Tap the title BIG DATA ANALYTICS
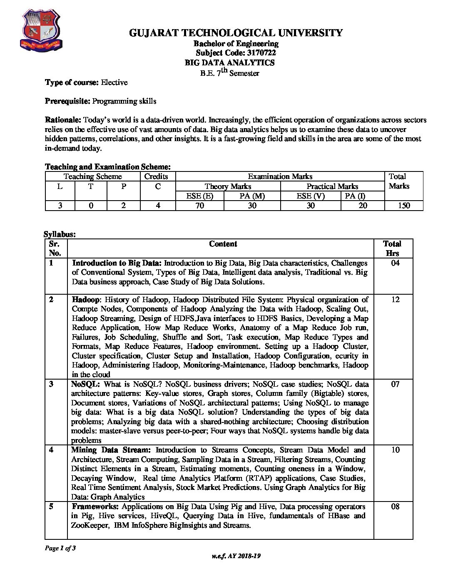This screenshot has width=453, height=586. click(x=229, y=62)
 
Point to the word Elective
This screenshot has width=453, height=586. click(x=114, y=82)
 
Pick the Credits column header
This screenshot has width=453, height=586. click(x=156, y=176)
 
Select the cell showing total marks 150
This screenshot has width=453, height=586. click(x=403, y=205)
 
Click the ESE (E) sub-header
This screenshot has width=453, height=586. click(x=200, y=196)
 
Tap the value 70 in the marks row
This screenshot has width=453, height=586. click(x=200, y=205)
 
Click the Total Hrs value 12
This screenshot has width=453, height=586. click(x=395, y=300)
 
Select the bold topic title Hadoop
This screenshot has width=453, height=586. click(x=86, y=300)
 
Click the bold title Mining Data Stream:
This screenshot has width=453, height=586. click(x=111, y=450)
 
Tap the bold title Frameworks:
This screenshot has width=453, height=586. click(x=96, y=507)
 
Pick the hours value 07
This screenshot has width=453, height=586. click(x=395, y=384)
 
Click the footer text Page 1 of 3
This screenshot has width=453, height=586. click(x=60, y=548)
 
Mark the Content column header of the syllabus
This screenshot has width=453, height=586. click(x=223, y=244)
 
